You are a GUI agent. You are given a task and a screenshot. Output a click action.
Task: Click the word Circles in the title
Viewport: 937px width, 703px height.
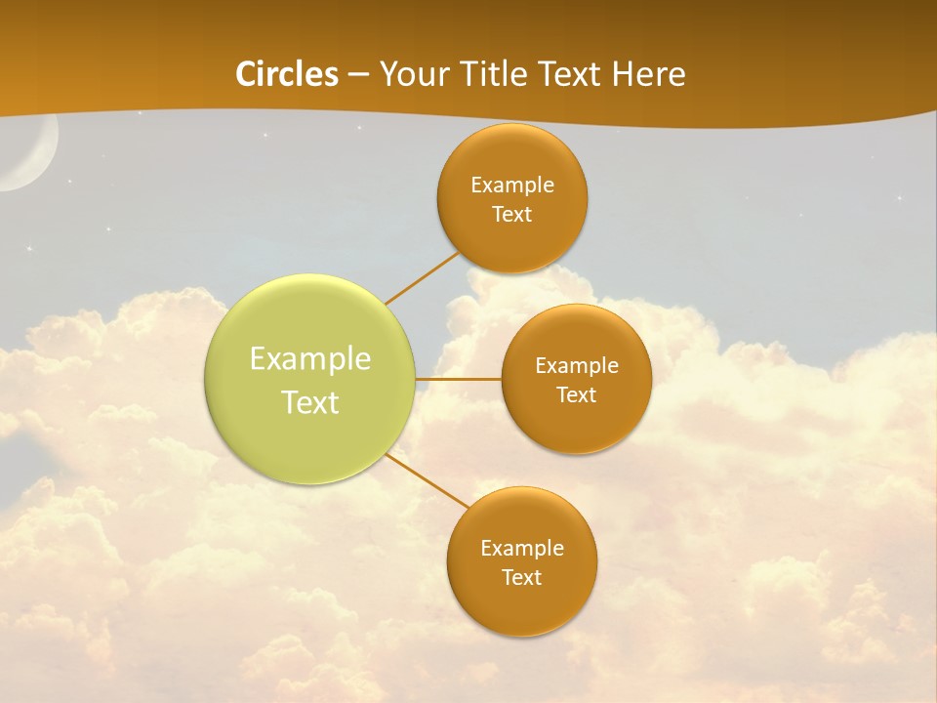287,74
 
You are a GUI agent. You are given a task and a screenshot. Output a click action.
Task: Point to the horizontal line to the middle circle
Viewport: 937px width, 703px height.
458,379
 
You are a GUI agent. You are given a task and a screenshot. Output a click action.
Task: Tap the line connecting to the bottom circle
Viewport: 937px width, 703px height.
427,480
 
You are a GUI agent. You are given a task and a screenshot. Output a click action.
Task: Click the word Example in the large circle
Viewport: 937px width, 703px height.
310,359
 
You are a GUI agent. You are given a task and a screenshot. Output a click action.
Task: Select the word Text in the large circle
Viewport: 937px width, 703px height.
310,402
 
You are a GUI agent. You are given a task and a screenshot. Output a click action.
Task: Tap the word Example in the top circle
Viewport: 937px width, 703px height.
512,186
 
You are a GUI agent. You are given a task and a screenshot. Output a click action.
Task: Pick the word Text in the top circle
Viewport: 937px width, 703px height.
512,215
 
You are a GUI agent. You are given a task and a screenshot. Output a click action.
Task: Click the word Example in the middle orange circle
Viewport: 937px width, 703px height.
577,366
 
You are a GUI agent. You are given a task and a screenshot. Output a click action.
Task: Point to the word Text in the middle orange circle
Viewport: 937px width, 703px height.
577,395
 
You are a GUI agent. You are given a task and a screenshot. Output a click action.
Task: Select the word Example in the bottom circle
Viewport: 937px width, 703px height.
522,549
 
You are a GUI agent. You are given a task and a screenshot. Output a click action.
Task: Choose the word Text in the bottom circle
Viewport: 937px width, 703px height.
522,578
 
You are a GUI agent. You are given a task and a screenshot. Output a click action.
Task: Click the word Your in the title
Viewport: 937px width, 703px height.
410,74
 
